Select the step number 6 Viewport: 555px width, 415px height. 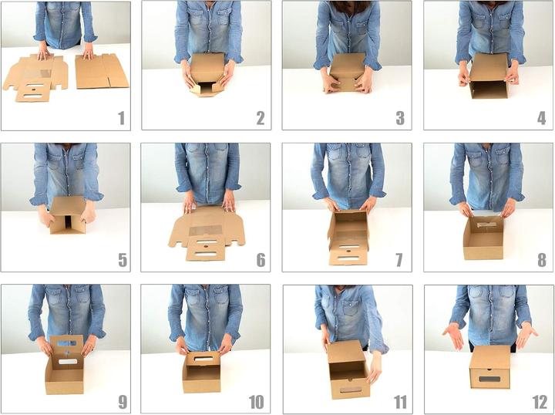click(261, 259)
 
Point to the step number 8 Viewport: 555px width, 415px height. click(541, 259)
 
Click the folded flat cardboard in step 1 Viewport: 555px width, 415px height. click(102, 71)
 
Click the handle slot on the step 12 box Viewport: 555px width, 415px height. click(489, 379)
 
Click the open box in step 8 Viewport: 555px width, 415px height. click(483, 237)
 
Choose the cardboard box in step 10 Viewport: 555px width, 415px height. click(202, 371)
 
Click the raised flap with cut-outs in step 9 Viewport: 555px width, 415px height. click(67, 348)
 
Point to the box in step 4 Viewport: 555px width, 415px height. click(489, 76)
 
